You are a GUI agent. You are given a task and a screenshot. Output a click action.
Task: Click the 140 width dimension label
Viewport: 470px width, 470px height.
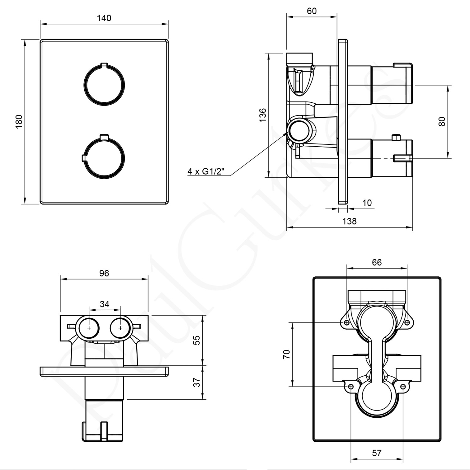coord(104,18)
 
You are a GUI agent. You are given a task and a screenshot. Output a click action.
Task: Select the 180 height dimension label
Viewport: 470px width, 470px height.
coord(19,122)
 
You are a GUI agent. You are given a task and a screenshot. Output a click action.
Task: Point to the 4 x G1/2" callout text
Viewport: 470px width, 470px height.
coord(206,171)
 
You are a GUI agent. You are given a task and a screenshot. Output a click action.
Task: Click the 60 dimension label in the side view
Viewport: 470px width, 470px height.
coord(311,11)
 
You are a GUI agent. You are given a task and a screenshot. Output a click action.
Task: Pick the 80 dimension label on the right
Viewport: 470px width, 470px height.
coord(442,121)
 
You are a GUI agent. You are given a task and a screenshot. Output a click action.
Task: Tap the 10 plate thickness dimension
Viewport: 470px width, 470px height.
coord(367,203)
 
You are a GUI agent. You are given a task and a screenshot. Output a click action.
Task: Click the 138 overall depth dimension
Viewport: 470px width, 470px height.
coord(349,222)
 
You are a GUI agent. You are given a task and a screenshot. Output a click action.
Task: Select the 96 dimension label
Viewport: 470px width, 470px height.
coord(104,273)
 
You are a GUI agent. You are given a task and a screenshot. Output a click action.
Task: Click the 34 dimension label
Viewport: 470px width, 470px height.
coord(105,304)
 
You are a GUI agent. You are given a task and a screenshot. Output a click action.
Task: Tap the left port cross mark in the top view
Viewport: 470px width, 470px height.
coord(89,328)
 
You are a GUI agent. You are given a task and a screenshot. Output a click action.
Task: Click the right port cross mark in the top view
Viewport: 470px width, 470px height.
coord(120,328)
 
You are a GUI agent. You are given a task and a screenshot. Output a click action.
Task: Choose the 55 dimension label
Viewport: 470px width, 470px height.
coord(196,340)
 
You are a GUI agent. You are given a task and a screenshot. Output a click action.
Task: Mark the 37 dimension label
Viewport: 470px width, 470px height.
coord(196,382)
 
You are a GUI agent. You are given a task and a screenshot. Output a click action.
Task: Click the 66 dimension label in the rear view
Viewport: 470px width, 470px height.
coord(377,262)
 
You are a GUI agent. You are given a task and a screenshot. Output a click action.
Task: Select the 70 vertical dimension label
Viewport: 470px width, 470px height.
coord(286,354)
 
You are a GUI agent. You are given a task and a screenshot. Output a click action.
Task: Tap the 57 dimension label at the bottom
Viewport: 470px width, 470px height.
coord(377,453)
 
